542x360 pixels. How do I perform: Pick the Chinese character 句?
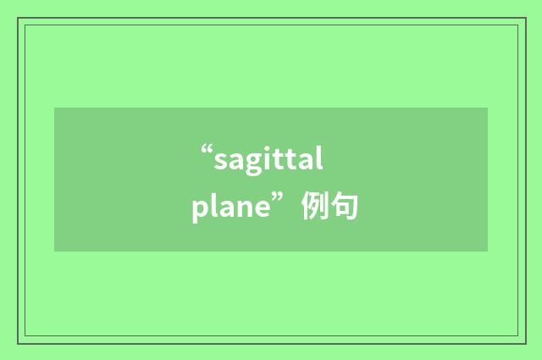(345, 207)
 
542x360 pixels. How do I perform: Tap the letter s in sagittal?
(219, 161)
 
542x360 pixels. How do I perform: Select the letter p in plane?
(200, 210)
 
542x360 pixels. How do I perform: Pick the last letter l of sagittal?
(320, 158)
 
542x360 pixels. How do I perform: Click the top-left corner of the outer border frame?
(18, 18)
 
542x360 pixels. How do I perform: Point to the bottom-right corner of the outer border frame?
(526, 343)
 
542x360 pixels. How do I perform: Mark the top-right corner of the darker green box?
(488, 108)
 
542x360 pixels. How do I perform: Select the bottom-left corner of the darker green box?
(54, 252)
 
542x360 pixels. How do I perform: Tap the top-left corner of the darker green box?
(54, 108)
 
